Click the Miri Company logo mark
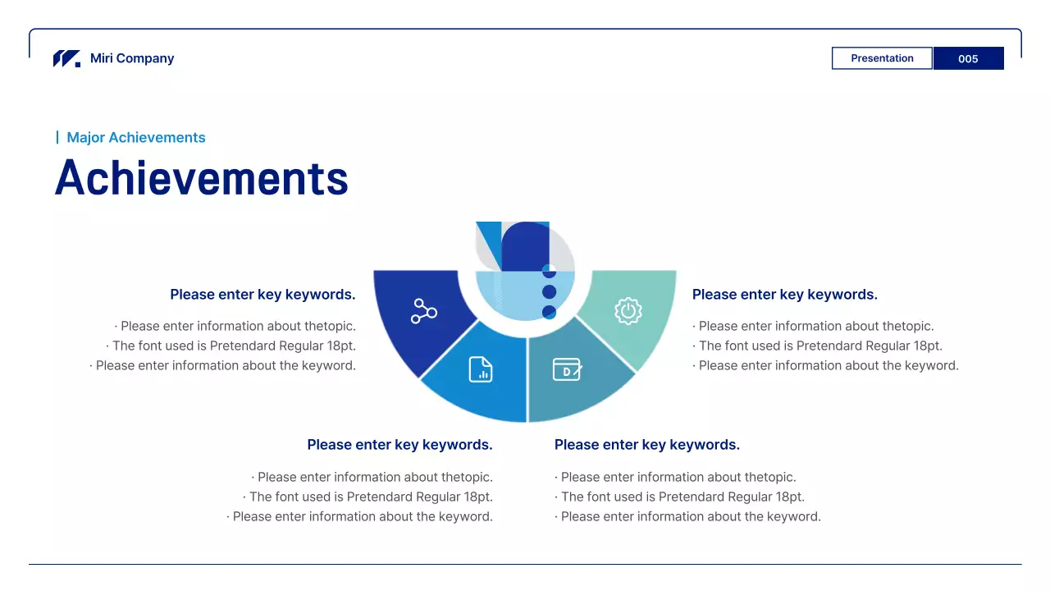pyautogui.click(x=66, y=58)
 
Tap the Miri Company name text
pyautogui.click(x=132, y=58)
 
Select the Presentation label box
pyautogui.click(x=882, y=58)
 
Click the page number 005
pyautogui.click(x=968, y=58)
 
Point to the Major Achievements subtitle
pyautogui.click(x=136, y=138)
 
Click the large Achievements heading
pyautogui.click(x=202, y=177)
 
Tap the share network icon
pyautogui.click(x=423, y=311)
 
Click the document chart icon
pyautogui.click(x=481, y=369)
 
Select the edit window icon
pyautogui.click(x=567, y=369)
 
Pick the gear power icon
pyautogui.click(x=628, y=311)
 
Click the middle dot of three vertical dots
pyautogui.click(x=550, y=292)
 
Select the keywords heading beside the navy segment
pyautogui.click(x=262, y=295)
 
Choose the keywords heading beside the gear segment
pyautogui.click(x=784, y=295)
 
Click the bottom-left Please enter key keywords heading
pyautogui.click(x=399, y=445)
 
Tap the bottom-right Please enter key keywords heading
pyautogui.click(x=646, y=445)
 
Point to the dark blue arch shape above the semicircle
pyautogui.click(x=525, y=246)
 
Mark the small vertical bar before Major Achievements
pyautogui.click(x=57, y=137)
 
